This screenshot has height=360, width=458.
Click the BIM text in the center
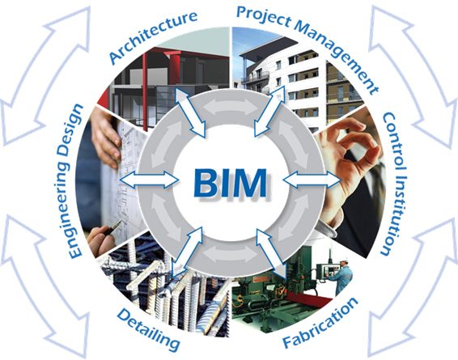coord(230,184)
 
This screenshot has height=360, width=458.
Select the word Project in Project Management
coord(264,17)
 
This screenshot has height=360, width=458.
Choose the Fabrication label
coord(320,323)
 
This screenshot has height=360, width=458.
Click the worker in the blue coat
coord(342,275)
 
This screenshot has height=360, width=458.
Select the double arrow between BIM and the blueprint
coord(149,180)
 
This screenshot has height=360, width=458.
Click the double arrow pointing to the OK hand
coord(312,179)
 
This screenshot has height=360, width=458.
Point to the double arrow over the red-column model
coord(191,112)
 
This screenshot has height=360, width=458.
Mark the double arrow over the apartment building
coord(269,111)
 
